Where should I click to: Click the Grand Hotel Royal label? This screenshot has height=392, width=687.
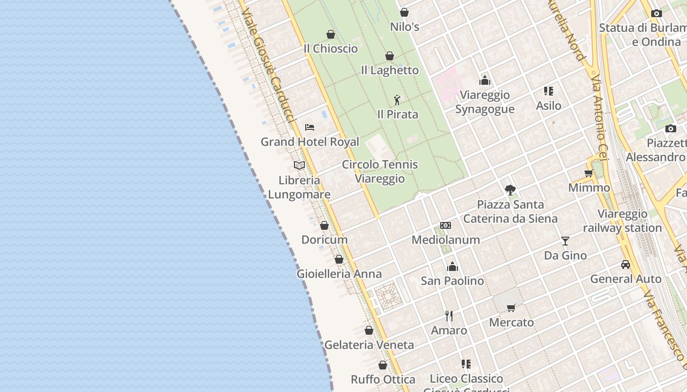coord(310,142)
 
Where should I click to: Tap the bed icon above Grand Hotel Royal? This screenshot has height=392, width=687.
coord(309,127)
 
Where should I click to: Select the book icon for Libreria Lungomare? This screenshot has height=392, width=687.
coord(299,166)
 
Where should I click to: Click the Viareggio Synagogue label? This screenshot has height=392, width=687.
coord(484,102)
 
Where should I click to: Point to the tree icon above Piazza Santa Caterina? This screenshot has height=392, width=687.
coord(510,190)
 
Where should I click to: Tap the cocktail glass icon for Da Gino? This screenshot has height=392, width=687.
coord(565,241)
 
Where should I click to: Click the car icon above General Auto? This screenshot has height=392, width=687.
coord(626,265)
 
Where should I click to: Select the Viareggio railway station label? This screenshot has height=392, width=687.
coord(622,221)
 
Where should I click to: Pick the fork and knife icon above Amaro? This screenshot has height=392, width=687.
coord(449,316)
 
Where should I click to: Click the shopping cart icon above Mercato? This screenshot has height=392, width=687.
coord(511,308)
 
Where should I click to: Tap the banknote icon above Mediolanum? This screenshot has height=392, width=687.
coord(446,225)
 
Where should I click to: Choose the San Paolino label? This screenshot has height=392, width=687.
coord(452,281)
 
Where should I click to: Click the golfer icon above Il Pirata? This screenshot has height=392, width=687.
coord(397,100)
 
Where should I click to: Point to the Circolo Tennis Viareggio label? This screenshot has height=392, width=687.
coord(380,171)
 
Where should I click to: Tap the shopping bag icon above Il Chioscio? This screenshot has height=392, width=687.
coord(331,34)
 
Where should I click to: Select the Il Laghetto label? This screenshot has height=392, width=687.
coord(390,70)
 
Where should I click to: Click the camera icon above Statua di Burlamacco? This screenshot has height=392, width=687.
coord(656,14)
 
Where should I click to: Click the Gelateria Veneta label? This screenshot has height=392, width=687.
coord(369,345)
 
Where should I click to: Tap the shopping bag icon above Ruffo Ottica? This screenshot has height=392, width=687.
coord(383,365)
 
